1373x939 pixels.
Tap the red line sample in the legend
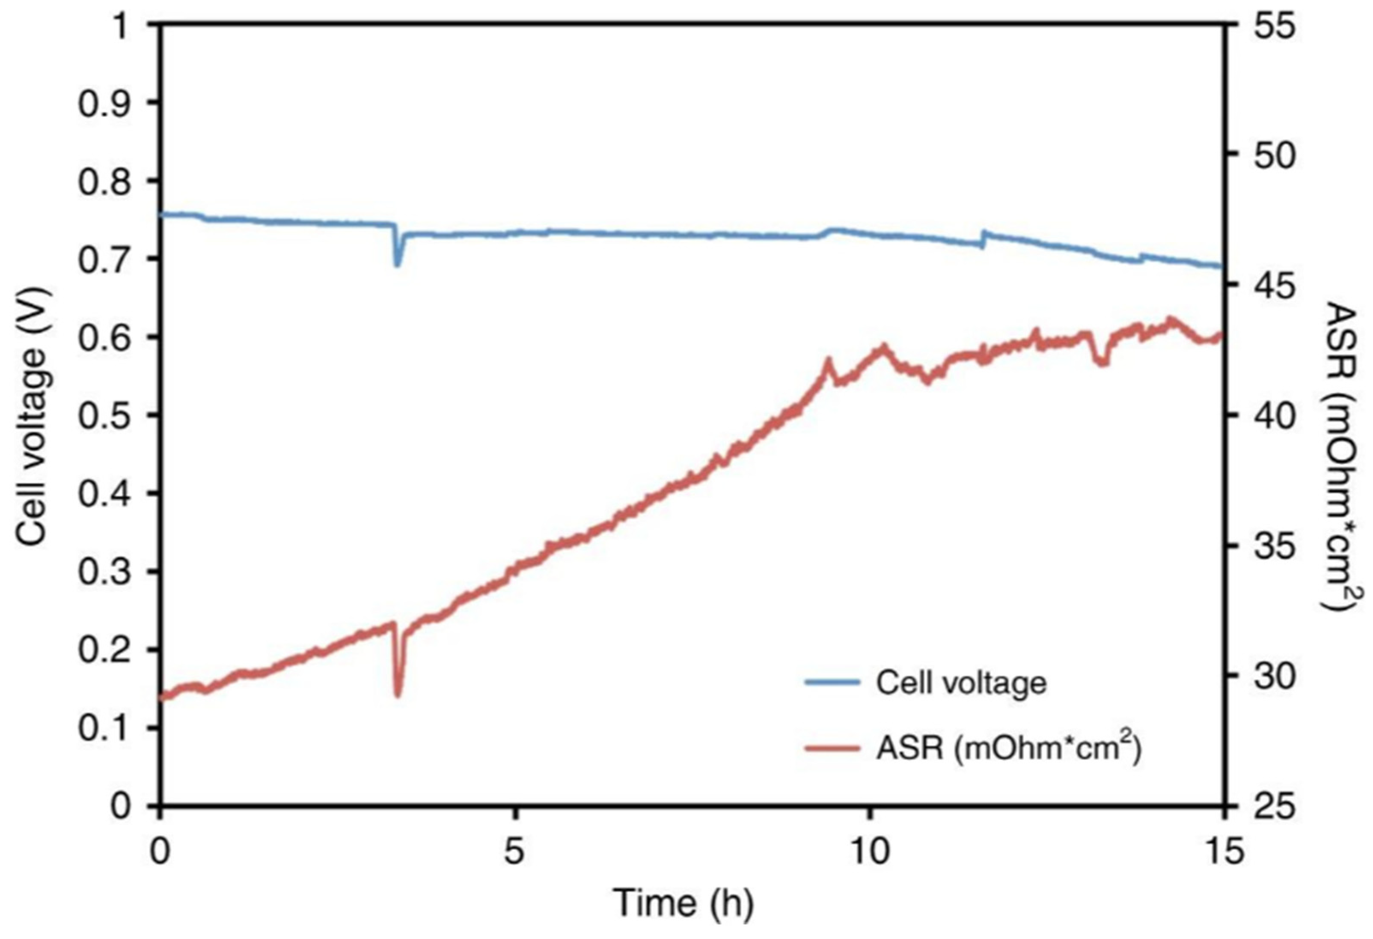(x=831, y=748)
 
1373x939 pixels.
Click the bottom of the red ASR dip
(x=398, y=695)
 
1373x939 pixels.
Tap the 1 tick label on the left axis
(x=121, y=26)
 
